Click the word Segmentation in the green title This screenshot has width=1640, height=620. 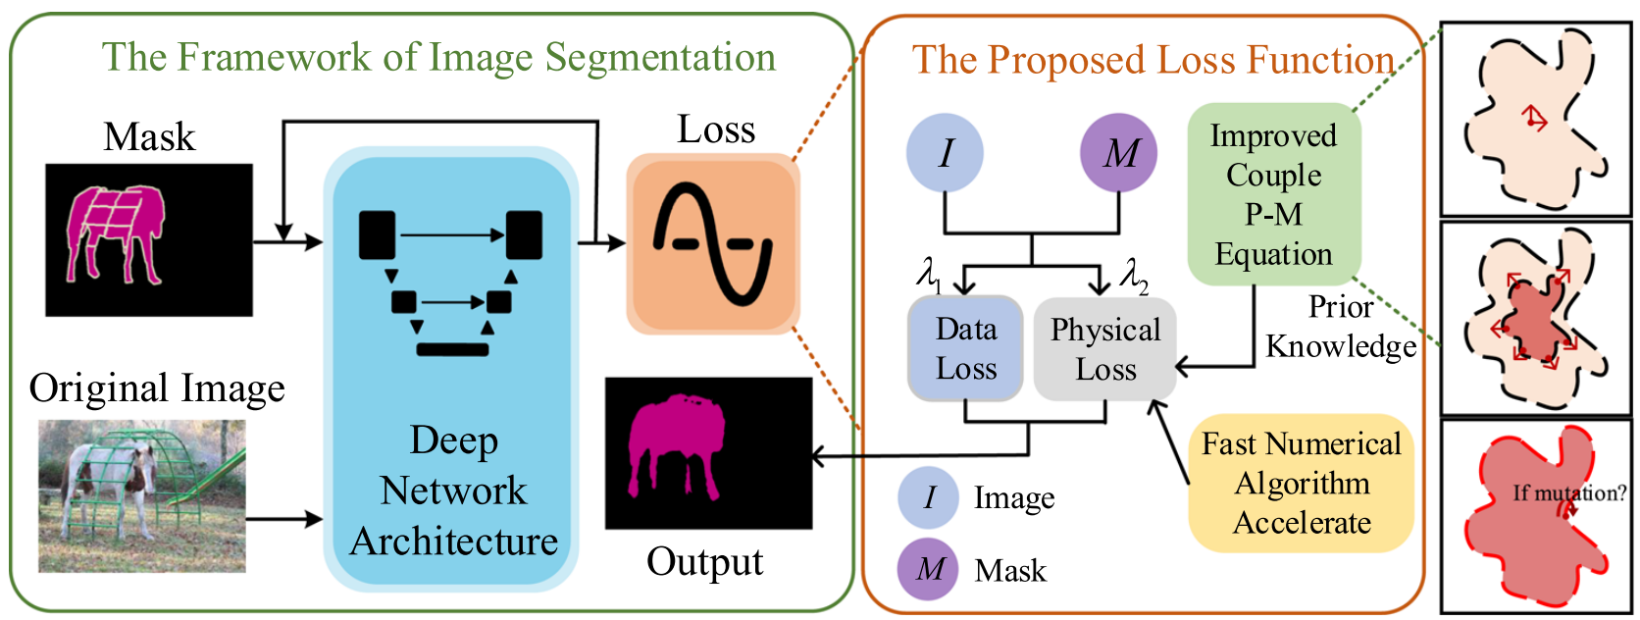point(660,58)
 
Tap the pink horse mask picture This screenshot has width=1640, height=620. point(148,239)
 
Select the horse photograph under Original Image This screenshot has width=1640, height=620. point(141,495)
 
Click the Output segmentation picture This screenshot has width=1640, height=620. point(708,453)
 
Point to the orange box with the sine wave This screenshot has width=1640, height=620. point(713,243)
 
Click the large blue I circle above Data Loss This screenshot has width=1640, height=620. point(945,153)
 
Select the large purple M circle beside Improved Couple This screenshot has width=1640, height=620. point(1118,153)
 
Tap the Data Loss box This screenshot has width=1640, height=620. point(965,348)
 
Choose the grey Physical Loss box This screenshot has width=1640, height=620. point(1105,349)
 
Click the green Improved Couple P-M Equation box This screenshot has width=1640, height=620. point(1273,194)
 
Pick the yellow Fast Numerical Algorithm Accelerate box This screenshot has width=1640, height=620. point(1301,483)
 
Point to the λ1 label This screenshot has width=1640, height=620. point(929,274)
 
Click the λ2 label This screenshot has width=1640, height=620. point(1134,276)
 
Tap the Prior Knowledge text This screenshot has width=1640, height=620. point(1340,327)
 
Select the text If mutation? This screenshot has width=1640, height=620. point(1568,492)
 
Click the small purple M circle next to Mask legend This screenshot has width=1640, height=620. point(930,569)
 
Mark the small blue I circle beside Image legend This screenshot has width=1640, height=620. point(929,497)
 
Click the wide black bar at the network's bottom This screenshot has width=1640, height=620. point(452,348)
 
